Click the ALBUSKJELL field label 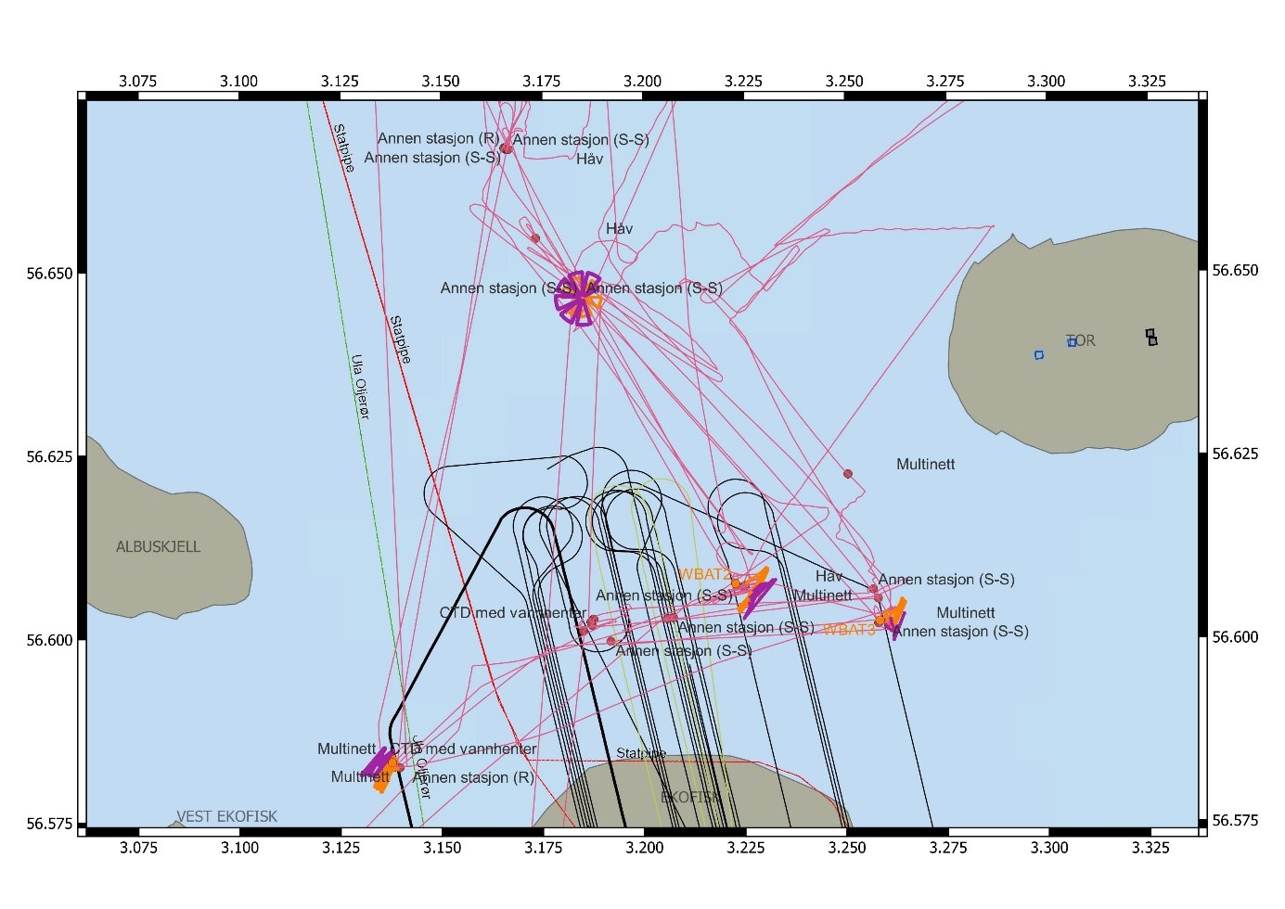tap(158, 546)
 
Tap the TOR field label tap(1081, 340)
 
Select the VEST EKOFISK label tap(226, 816)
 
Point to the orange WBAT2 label tap(704, 575)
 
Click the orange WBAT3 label tap(849, 630)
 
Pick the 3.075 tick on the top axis tap(137, 81)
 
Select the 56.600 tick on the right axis tap(1236, 637)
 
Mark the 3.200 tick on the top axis tap(642, 81)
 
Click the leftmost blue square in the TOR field tap(1039, 354)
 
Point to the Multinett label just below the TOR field tap(925, 464)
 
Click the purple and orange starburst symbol tap(578, 298)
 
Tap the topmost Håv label tap(589, 159)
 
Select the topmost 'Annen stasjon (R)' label tap(438, 138)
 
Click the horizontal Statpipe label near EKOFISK tap(641, 753)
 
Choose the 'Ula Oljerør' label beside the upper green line tap(361, 386)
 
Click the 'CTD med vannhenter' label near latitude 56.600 tap(512, 613)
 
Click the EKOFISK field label tap(690, 797)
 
